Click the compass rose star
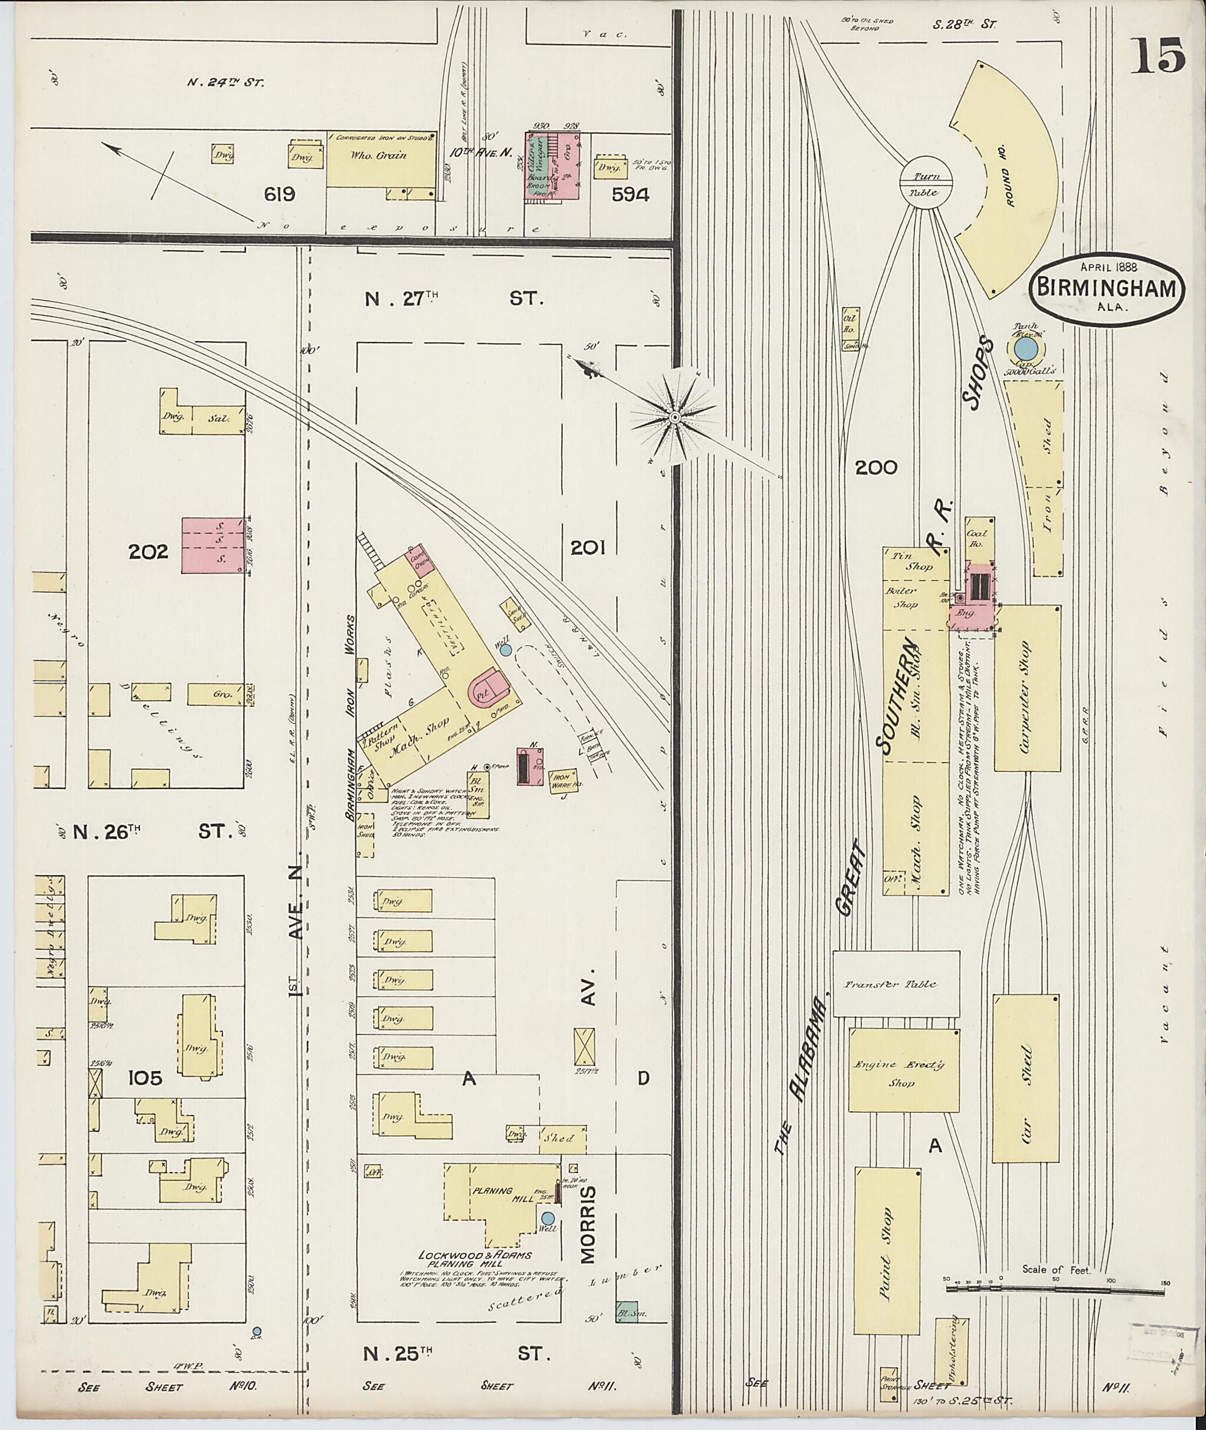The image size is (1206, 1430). click(674, 416)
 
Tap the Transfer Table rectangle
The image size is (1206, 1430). click(896, 984)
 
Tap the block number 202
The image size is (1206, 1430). click(148, 551)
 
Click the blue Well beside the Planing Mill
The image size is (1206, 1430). click(548, 1218)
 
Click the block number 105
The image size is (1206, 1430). click(145, 1078)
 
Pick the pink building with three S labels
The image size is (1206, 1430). click(213, 545)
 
